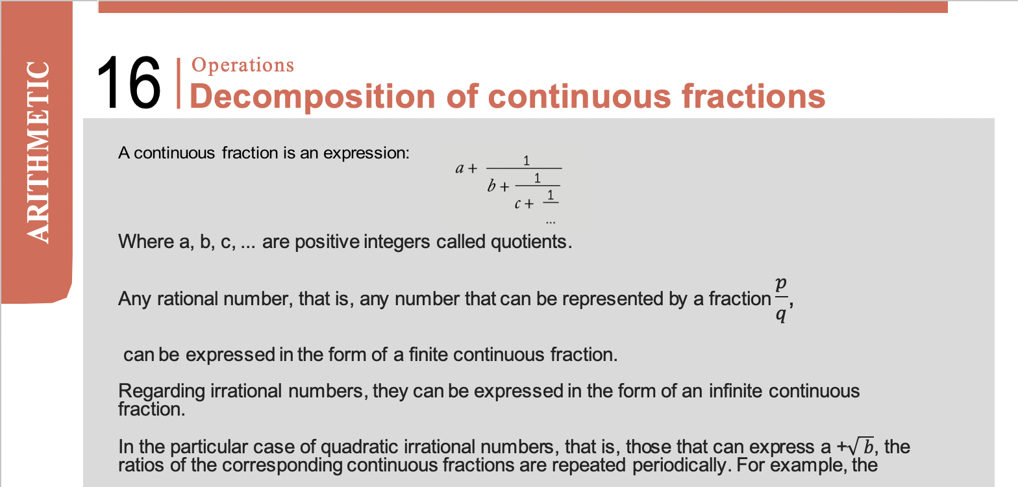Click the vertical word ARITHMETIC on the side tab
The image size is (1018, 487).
coord(38,153)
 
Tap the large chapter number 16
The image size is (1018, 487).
coord(129,82)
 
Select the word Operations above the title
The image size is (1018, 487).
coord(243,65)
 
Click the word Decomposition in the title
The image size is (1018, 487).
coord(313,96)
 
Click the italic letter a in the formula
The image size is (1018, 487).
coord(460,169)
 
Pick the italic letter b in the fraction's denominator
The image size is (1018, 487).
coord(491,186)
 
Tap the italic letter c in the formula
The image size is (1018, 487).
coord(517,204)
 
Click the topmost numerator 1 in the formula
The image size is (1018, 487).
coord(527,160)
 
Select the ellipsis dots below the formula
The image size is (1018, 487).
coord(551,223)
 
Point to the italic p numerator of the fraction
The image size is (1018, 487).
coord(781,284)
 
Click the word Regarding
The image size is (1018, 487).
coord(161,392)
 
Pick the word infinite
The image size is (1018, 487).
coord(736,391)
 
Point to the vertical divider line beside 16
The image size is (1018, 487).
coord(179,83)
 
